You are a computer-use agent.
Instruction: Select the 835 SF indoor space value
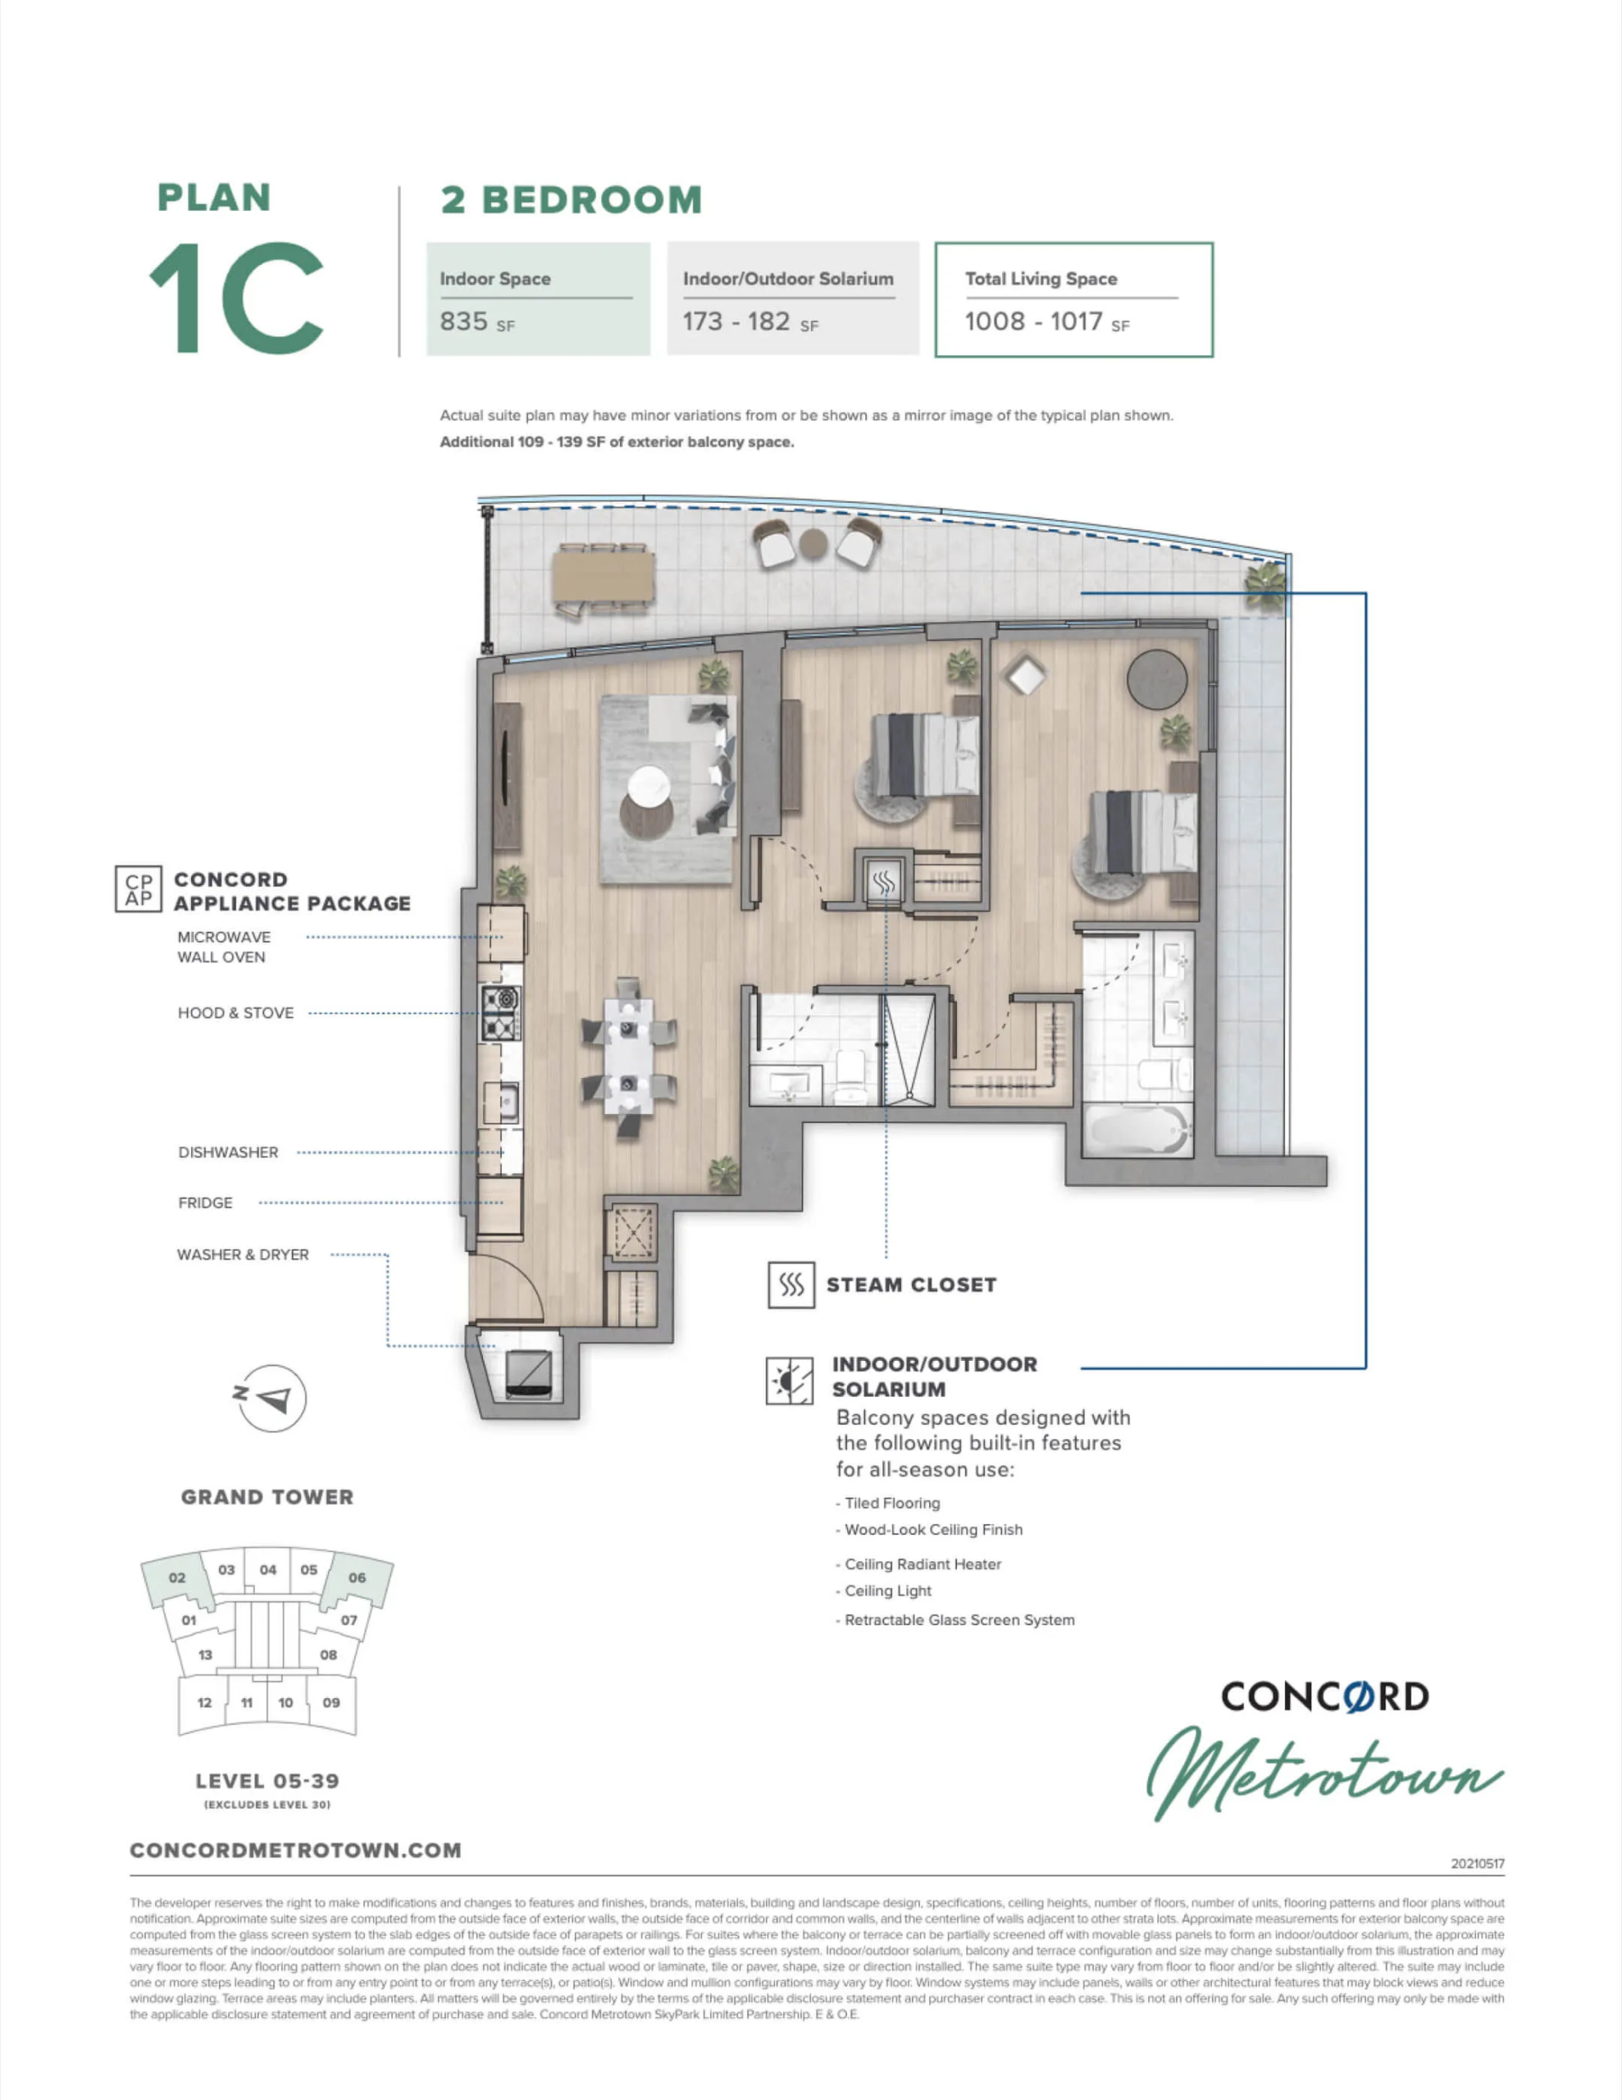pyautogui.click(x=477, y=322)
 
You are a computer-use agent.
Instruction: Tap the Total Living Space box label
pyautogui.click(x=1041, y=279)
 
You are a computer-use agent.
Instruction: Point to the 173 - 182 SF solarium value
pyautogui.click(x=750, y=322)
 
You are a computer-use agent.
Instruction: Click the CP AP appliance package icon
pyautogui.click(x=139, y=889)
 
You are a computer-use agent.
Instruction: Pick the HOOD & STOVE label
pyautogui.click(x=235, y=1012)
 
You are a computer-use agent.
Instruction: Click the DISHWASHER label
pyautogui.click(x=228, y=1152)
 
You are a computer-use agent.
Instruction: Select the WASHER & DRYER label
pyautogui.click(x=244, y=1255)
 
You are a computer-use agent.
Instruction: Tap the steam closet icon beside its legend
pyautogui.click(x=791, y=1285)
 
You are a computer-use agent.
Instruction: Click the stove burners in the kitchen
pyautogui.click(x=500, y=1013)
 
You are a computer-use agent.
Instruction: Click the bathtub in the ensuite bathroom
pyautogui.click(x=1137, y=1130)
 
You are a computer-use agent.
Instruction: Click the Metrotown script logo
pyautogui.click(x=1324, y=1774)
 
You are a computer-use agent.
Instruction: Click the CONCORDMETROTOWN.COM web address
pyautogui.click(x=295, y=1851)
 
